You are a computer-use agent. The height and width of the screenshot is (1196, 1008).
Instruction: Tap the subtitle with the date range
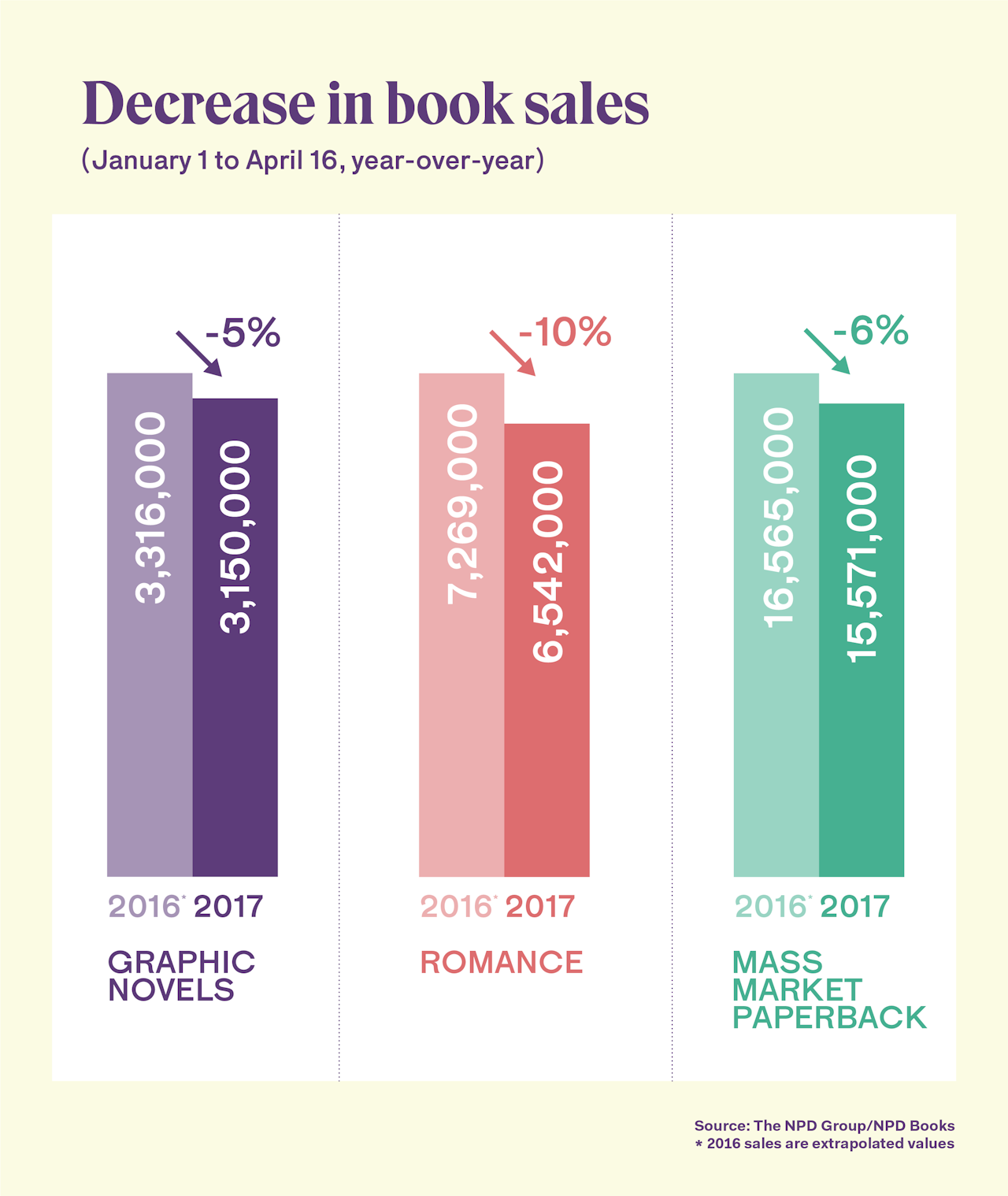click(313, 161)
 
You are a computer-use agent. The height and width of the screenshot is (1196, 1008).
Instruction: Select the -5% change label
click(243, 332)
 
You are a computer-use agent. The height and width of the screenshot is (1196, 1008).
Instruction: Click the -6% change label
click(871, 331)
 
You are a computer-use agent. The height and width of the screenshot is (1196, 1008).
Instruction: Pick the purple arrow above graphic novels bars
click(199, 353)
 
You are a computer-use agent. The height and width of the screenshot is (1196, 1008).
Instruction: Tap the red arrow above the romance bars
click(513, 352)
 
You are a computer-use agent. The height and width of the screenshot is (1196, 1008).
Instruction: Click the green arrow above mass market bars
click(827, 351)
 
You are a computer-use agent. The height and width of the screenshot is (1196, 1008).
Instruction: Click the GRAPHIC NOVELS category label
click(181, 975)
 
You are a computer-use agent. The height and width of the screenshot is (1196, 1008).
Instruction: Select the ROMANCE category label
click(502, 962)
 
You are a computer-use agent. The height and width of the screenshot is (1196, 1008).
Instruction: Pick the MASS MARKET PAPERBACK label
click(828, 990)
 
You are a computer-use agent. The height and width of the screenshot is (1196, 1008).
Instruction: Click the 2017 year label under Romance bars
click(540, 907)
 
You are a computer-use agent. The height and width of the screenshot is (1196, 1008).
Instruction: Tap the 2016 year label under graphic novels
click(145, 907)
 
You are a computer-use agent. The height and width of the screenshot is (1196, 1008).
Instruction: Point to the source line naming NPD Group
click(824, 1126)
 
